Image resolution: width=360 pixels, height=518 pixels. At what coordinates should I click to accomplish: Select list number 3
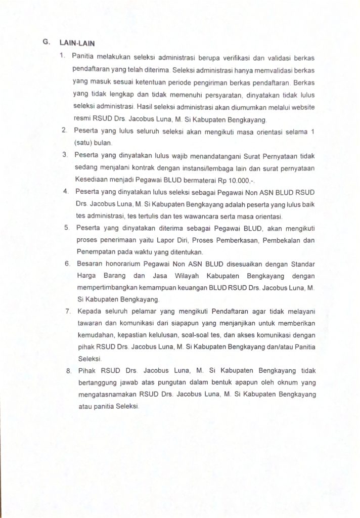click(65, 154)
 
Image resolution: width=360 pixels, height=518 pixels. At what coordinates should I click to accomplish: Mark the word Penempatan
click(94, 251)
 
